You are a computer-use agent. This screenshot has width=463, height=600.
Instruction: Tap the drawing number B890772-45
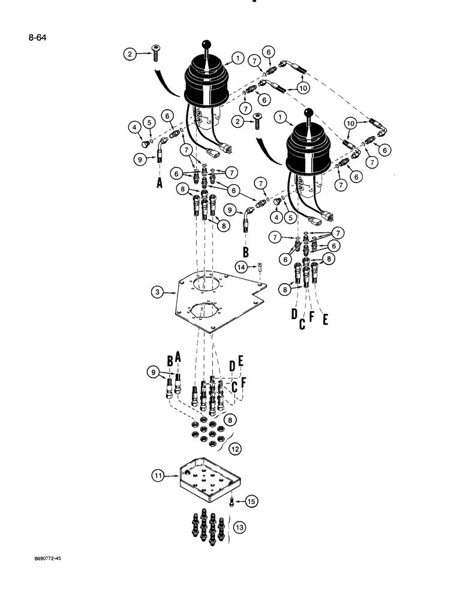coord(44,558)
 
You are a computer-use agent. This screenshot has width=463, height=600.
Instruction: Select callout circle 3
coord(157,292)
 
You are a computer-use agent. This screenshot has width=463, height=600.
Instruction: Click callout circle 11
coord(157,476)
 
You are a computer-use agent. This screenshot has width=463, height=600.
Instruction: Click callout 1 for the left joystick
coord(237,58)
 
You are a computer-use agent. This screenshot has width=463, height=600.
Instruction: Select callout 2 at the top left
coord(130,54)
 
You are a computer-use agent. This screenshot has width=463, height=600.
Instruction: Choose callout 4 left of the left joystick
coord(133,127)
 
